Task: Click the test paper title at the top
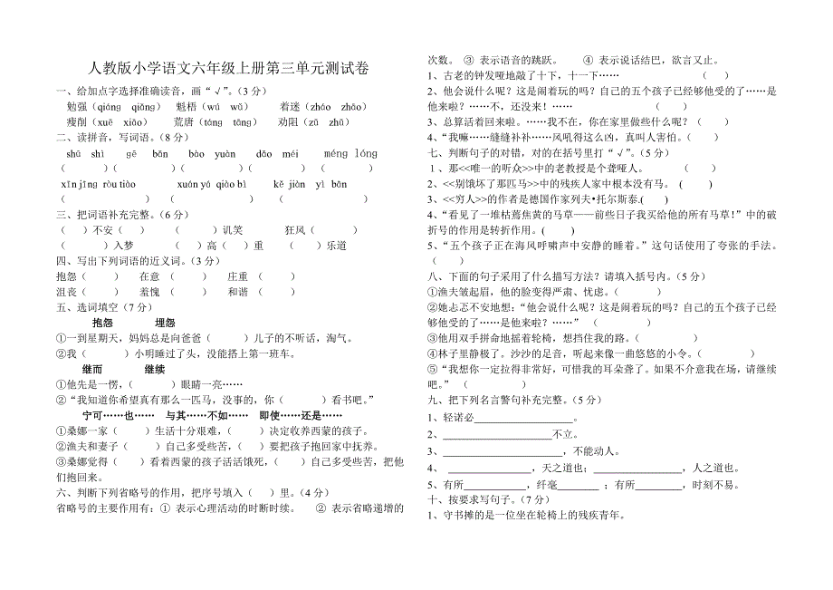click(229, 68)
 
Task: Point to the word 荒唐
click(184, 121)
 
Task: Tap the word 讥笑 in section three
click(233, 230)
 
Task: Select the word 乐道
click(337, 246)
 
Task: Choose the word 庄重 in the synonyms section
click(238, 276)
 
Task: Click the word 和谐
click(238, 292)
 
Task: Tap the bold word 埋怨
click(165, 323)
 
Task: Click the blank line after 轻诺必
click(525, 419)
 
